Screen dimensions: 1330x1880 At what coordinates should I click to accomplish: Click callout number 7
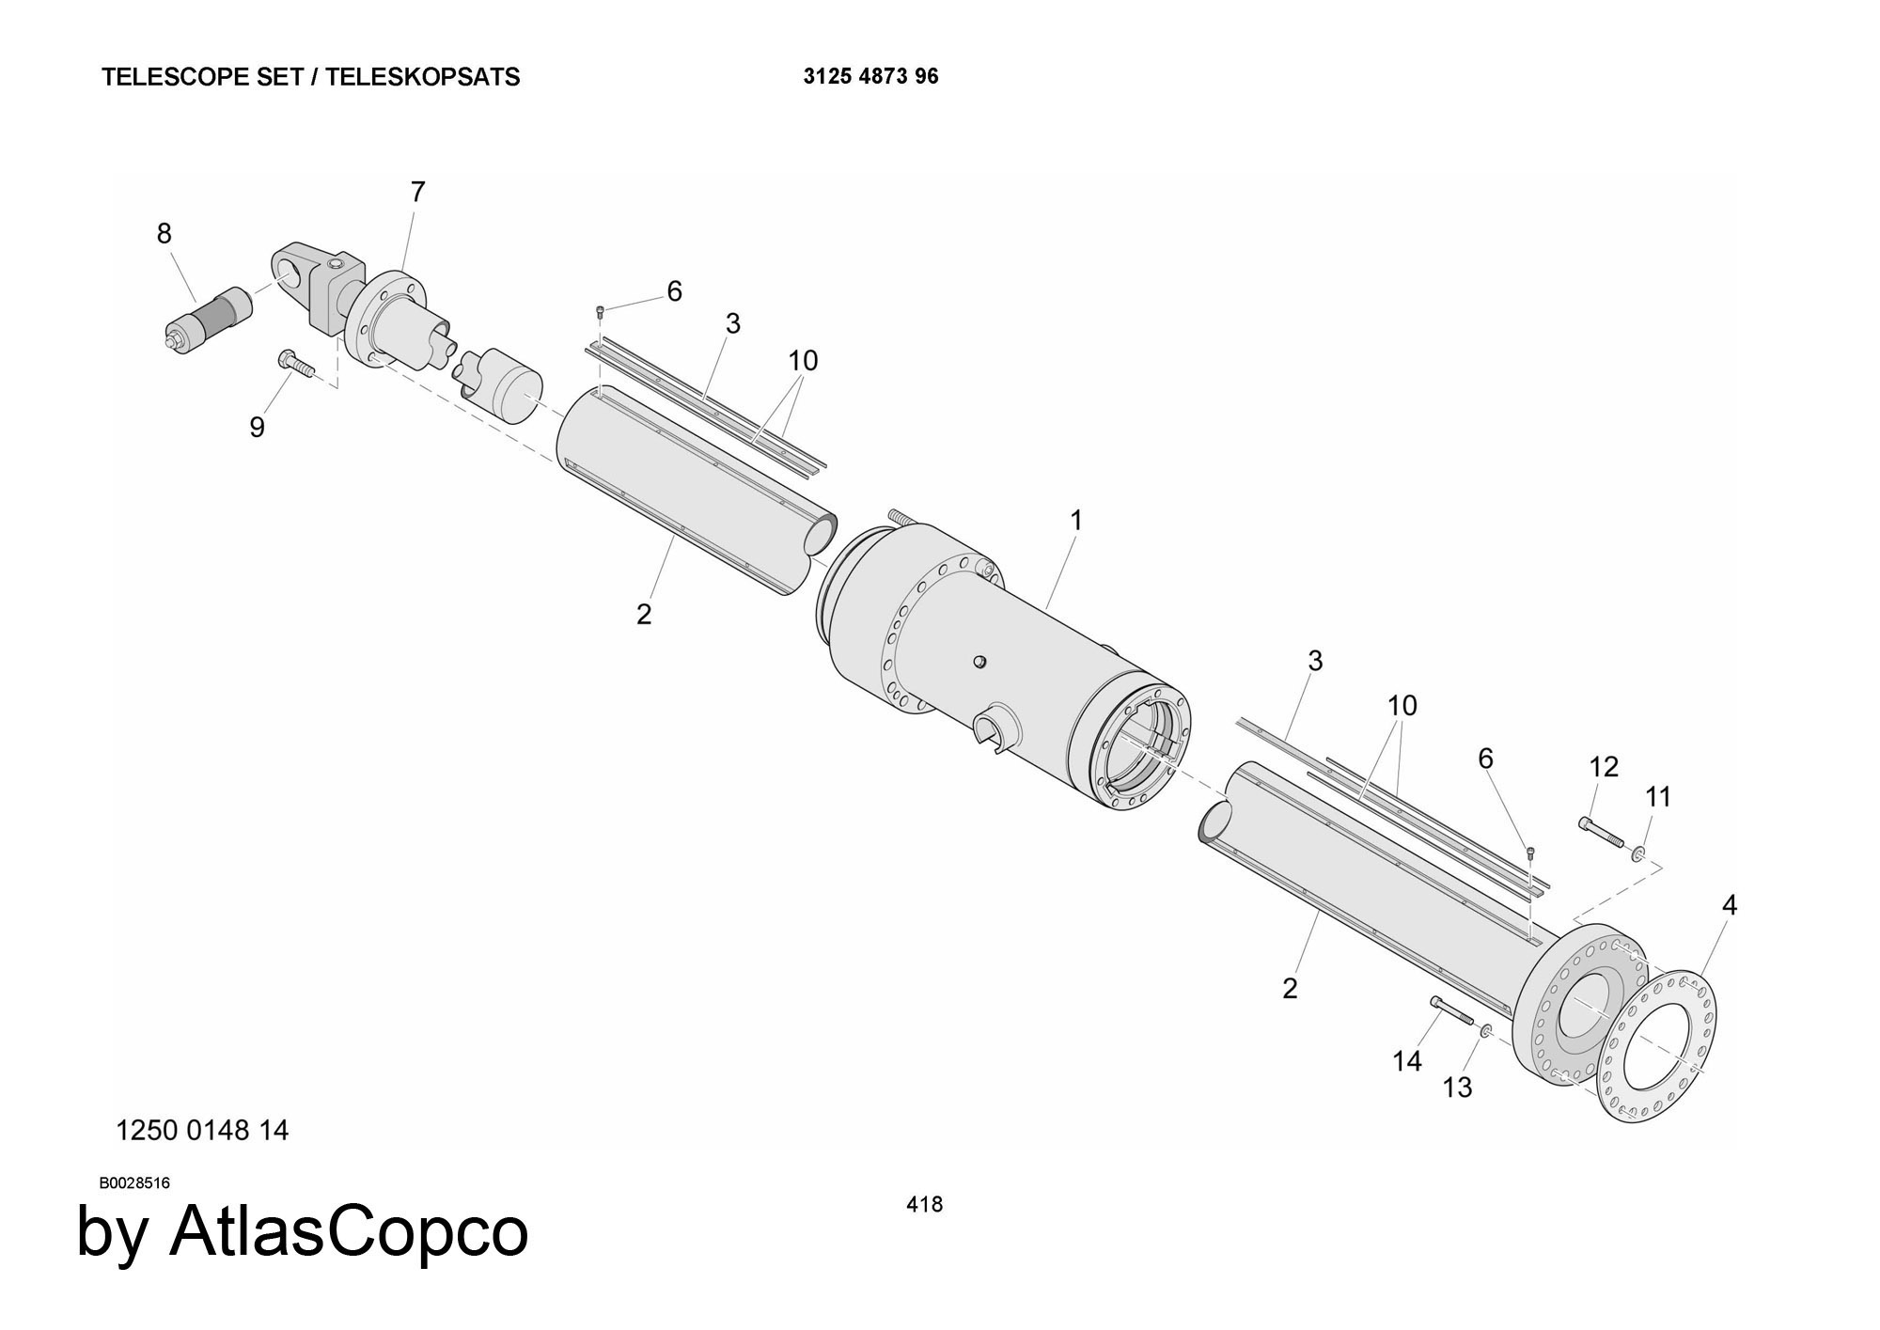tap(418, 192)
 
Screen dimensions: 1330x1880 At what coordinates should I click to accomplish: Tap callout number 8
tap(164, 233)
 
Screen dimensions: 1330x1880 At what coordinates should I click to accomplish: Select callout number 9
tap(257, 428)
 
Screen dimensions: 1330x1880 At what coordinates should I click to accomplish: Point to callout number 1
tap(1076, 520)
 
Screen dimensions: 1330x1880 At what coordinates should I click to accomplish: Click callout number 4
tap(1729, 905)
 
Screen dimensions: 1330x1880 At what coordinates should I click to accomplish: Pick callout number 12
tap(1604, 767)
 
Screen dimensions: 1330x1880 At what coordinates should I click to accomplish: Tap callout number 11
tap(1658, 797)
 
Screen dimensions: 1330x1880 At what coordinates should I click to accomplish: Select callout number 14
tap(1406, 1061)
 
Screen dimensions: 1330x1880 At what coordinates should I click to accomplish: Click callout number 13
tap(1457, 1087)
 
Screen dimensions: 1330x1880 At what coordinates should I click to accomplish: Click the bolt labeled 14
tap(1451, 1014)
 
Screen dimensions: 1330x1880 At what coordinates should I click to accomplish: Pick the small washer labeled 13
tap(1486, 1032)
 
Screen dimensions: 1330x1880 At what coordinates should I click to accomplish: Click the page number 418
tap(924, 1204)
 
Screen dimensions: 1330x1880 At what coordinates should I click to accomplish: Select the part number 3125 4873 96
tap(870, 77)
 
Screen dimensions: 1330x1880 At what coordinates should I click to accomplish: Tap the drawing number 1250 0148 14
tap(201, 1130)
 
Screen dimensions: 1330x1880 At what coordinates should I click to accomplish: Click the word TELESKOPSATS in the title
tap(423, 77)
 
